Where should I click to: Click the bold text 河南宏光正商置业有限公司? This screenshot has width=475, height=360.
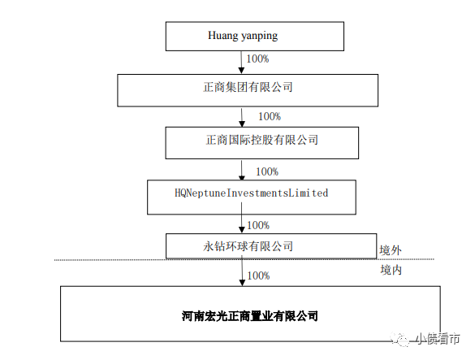click(250, 316)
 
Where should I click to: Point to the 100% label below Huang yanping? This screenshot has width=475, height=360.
click(257, 59)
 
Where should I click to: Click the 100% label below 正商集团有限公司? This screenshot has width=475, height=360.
click(270, 116)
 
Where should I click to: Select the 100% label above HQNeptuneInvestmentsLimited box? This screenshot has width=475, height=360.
click(267, 172)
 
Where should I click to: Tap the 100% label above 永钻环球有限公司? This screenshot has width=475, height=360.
click(258, 225)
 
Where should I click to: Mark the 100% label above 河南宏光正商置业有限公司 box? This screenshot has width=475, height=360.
click(258, 275)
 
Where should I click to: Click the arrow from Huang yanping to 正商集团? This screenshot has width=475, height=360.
click(241, 63)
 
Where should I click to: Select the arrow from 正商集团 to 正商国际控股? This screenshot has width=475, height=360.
click(242, 117)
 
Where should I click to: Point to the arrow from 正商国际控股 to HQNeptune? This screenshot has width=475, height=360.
click(242, 170)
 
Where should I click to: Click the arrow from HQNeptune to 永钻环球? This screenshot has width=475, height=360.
click(242, 218)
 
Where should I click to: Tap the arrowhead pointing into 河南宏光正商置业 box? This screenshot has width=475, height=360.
click(242, 283)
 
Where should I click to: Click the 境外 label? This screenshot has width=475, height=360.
click(391, 250)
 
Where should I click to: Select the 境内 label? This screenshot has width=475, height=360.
click(391, 270)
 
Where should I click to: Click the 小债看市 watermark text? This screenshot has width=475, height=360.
click(438, 339)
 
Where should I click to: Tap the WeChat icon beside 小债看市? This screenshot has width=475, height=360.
click(400, 340)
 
